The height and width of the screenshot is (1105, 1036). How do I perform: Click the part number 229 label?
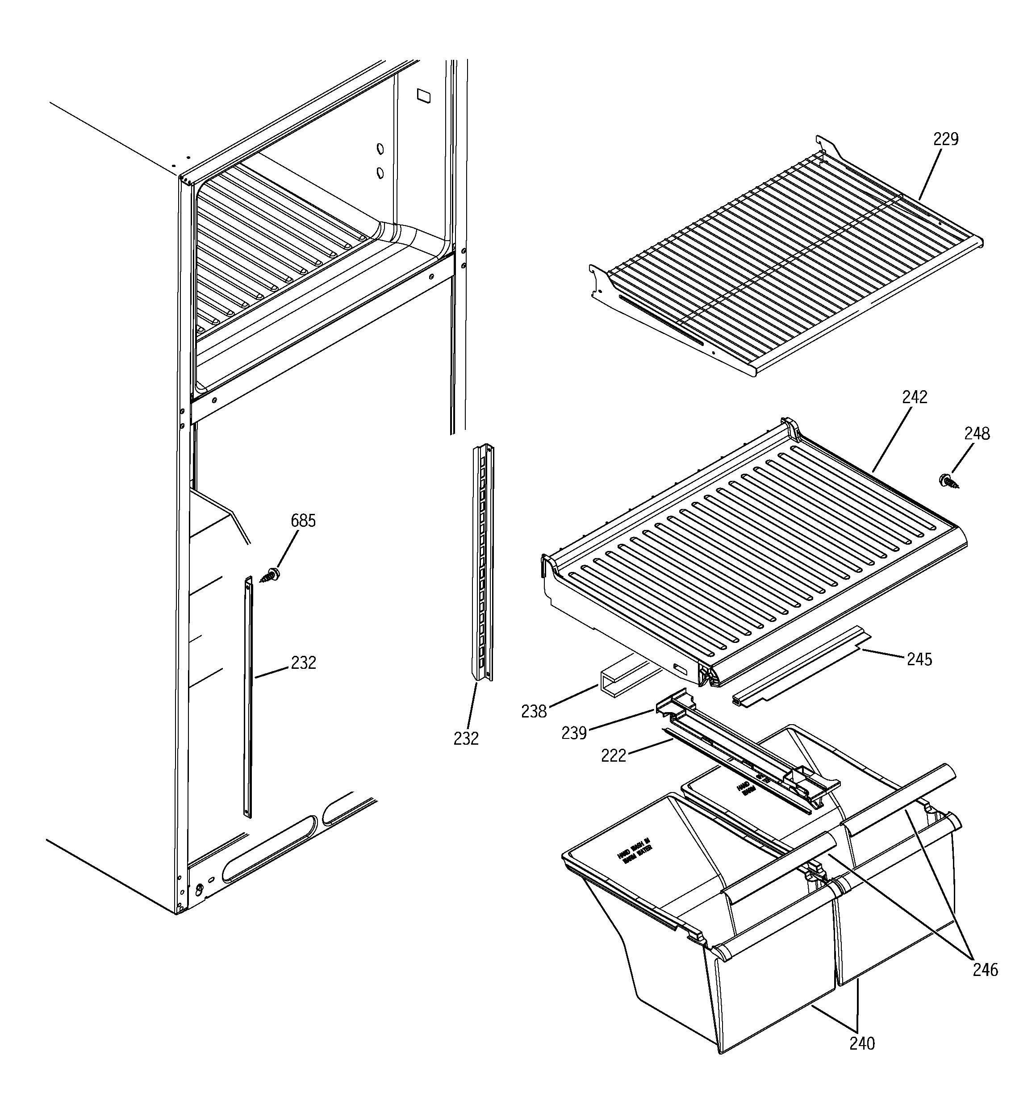945,139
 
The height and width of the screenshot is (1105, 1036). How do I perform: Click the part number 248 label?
977,434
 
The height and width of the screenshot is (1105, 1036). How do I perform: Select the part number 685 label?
303,521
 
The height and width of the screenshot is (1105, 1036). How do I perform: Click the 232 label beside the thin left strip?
303,663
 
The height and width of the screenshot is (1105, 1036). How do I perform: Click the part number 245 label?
919,659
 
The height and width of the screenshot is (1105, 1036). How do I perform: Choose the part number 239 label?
574,733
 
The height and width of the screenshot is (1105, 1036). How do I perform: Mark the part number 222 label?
614,755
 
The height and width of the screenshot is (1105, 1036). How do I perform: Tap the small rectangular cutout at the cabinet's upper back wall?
423,96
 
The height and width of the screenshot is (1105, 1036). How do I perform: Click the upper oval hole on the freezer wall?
380,149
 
